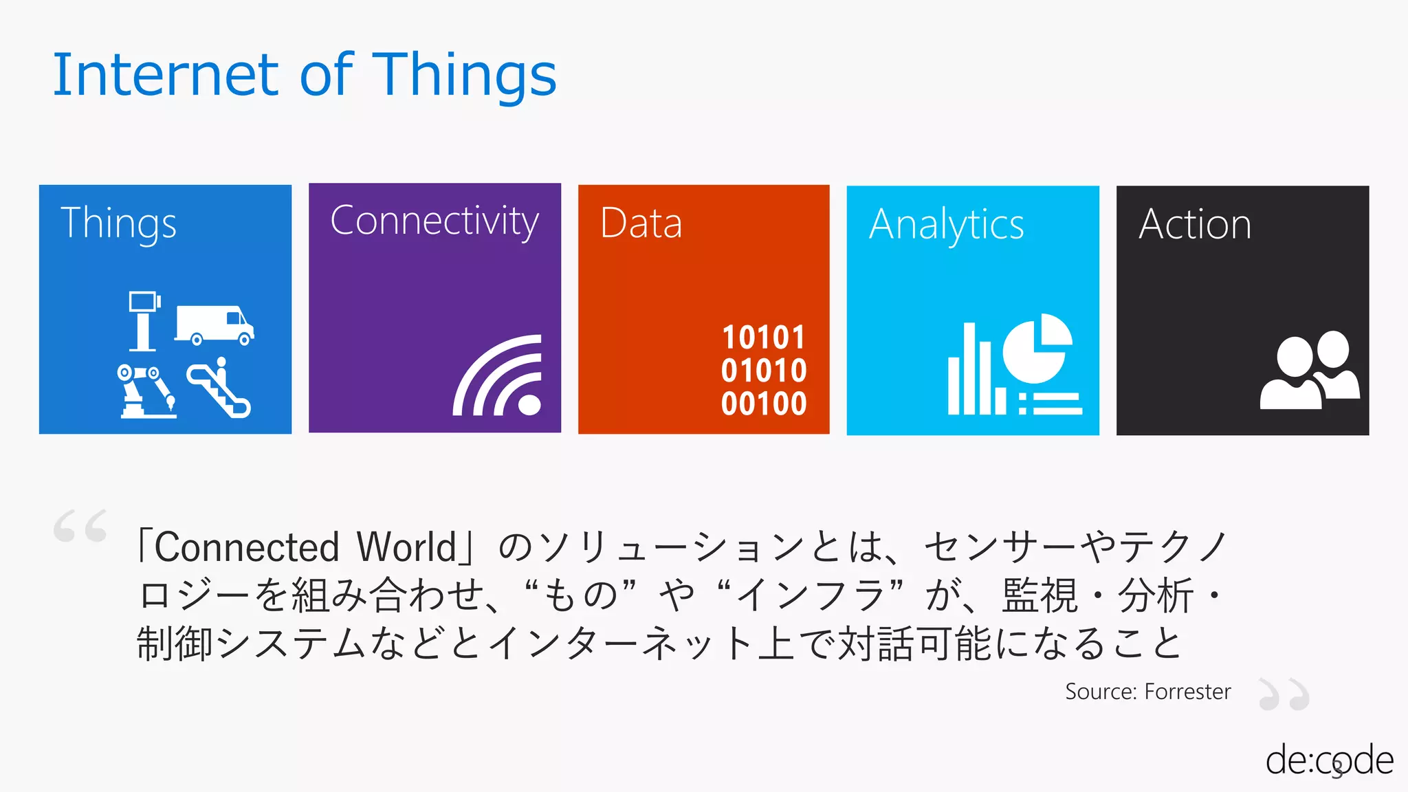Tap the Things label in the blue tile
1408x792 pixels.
[118, 223]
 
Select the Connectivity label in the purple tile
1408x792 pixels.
[434, 221]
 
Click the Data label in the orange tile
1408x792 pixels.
[641, 223]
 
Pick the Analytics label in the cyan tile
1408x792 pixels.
[946, 225]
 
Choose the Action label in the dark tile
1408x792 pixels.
[1195, 224]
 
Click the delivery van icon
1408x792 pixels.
[214, 325]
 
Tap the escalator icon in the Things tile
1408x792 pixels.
[219, 388]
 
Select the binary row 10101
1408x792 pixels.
[763, 338]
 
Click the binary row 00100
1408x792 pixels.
[763, 404]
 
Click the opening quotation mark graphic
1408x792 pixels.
[80, 527]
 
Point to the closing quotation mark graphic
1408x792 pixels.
[1284, 694]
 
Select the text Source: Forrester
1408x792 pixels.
[1147, 692]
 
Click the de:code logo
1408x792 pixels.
[1328, 761]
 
